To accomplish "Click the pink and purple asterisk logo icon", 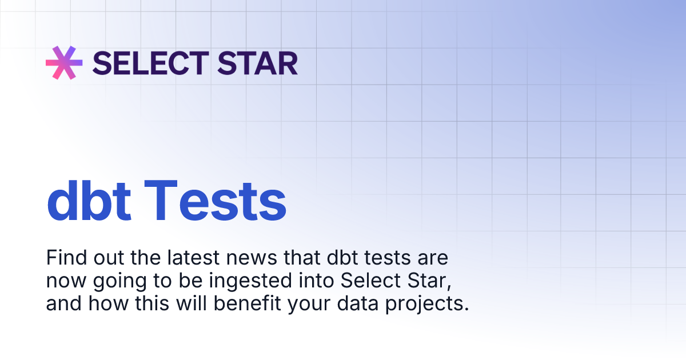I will point(64,62).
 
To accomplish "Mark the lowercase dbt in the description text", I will point(342,258).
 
